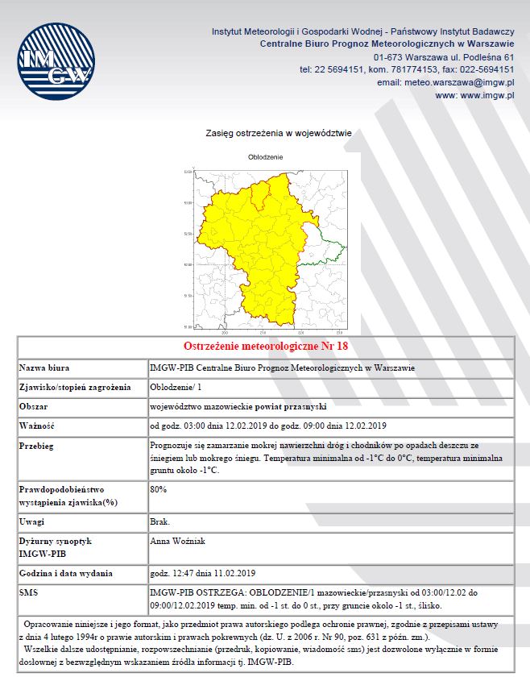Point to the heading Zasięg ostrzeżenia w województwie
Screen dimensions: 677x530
[x=267, y=133]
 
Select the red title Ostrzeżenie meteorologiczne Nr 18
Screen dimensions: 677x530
[x=265, y=346]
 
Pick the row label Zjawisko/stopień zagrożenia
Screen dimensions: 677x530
[x=75, y=387]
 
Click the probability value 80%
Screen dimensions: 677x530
[x=158, y=488]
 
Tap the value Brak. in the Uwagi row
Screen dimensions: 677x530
[x=160, y=522]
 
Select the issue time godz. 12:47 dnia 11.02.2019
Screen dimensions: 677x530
[x=203, y=573]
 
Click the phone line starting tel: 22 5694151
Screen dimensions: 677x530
[x=407, y=69]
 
